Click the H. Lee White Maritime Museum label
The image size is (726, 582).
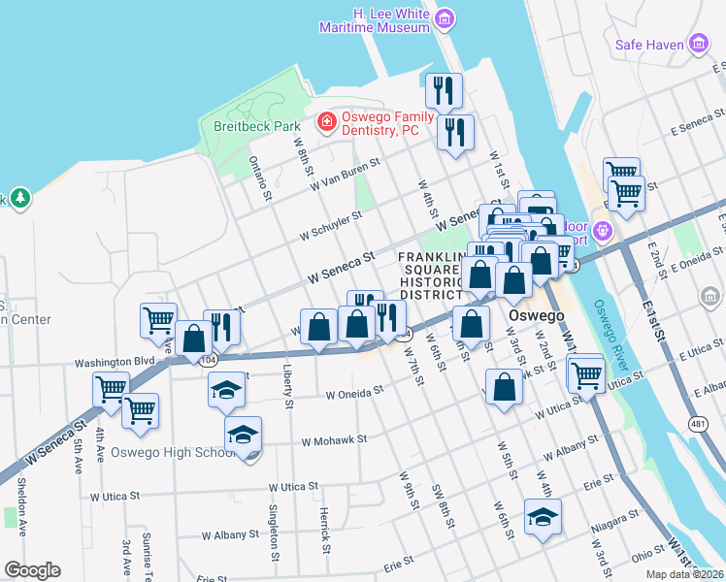tap(376, 21)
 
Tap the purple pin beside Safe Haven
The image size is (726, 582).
tap(699, 44)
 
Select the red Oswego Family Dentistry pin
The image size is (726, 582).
tap(327, 122)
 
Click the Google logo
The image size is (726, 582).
tap(31, 570)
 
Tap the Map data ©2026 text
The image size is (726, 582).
tap(684, 574)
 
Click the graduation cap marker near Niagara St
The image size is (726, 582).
tap(543, 517)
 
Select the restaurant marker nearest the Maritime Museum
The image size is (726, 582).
tap(444, 91)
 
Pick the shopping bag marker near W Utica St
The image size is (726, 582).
tap(504, 387)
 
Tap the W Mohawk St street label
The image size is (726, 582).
tap(334, 438)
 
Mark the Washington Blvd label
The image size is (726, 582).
tap(115, 362)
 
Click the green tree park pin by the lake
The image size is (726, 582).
tap(18, 199)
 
